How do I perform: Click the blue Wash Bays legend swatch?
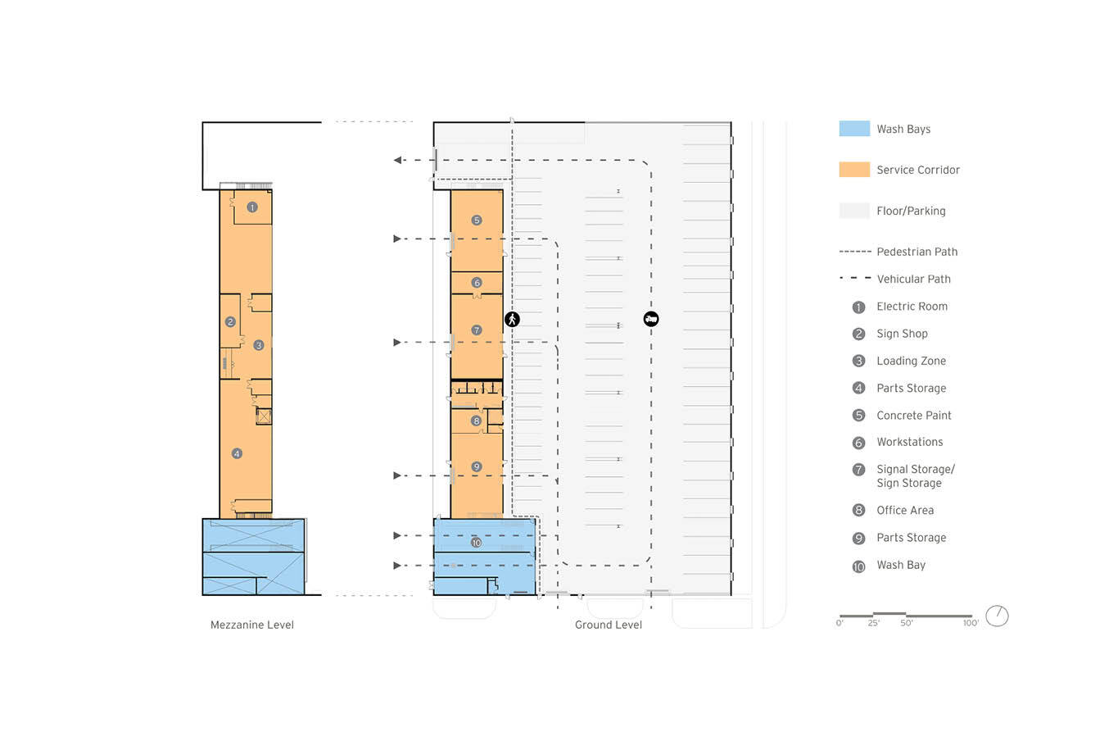coord(854,129)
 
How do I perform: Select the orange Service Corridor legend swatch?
coord(854,170)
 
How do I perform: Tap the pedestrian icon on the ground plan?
coord(512,319)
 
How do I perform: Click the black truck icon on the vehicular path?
coord(651,319)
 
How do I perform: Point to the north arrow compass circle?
coord(998,616)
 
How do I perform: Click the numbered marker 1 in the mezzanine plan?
coord(252,207)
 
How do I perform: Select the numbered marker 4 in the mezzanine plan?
coord(237,453)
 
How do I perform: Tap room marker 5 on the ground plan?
coord(477,221)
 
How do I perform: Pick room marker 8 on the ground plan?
coord(477,421)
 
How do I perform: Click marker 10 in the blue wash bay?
coord(477,543)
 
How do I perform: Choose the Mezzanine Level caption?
coord(252,625)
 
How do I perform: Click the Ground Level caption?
coord(609,625)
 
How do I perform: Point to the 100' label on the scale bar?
coord(971,623)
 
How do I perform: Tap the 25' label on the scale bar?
coord(873,623)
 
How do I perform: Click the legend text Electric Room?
coord(912,307)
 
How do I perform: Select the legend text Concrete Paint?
coord(914,416)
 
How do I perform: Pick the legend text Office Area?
coord(905,510)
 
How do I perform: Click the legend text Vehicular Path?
coord(913,279)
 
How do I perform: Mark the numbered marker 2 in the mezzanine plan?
coord(230,322)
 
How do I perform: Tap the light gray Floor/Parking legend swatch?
coord(854,211)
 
